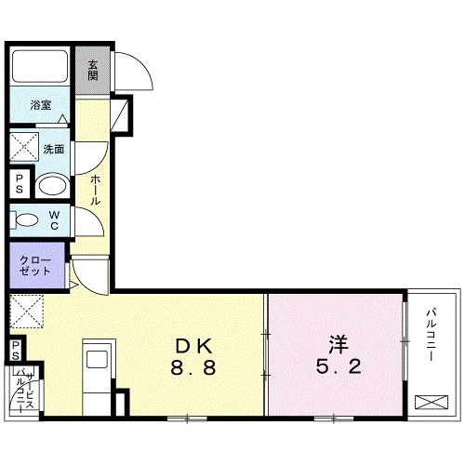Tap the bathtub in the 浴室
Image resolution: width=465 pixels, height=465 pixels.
[40, 66]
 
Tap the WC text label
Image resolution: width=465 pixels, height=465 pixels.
[55, 220]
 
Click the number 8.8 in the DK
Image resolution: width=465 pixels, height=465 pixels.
[193, 368]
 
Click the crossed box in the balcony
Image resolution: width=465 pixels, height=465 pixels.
[432, 403]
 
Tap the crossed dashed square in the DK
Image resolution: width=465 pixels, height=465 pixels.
[25, 309]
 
